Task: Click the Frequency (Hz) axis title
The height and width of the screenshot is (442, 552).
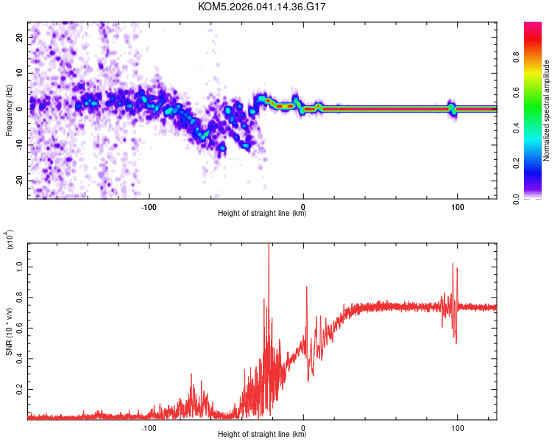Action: pyautogui.click(x=9, y=109)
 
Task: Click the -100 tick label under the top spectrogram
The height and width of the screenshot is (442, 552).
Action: pyautogui.click(x=149, y=206)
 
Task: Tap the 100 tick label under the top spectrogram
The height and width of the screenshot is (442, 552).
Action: pyautogui.click(x=457, y=206)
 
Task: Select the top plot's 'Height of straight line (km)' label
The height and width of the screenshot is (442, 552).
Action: pyautogui.click(x=262, y=214)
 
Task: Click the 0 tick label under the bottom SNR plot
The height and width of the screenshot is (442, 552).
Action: pyautogui.click(x=303, y=426)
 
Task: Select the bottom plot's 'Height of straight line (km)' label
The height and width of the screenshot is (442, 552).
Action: pyautogui.click(x=262, y=434)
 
